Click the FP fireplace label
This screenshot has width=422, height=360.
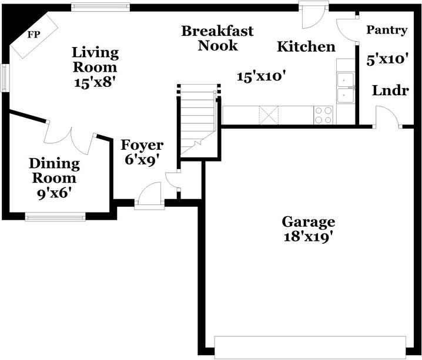coord(34,35)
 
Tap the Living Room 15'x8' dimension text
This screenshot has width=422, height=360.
coord(95,82)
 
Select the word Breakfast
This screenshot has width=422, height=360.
coord(217,31)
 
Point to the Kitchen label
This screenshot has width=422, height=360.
coord(306,46)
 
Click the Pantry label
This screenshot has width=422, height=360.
coord(387,30)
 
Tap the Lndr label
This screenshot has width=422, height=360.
coord(390,90)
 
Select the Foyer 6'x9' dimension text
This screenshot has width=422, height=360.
coord(141,160)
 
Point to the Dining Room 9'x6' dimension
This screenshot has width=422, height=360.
coord(54,193)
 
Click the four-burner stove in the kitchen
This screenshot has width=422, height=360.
coord(323,115)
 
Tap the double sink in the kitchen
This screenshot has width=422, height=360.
coord(346,88)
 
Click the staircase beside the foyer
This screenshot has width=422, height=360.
coord(198,120)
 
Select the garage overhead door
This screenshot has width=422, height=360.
coord(310,347)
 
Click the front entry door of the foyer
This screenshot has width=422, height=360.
coord(149,196)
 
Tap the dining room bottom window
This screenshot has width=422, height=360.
coord(55,217)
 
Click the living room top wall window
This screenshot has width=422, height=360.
coord(101,7)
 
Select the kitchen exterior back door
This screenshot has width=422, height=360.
coord(313,15)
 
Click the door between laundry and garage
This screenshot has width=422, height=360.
coord(387,117)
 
